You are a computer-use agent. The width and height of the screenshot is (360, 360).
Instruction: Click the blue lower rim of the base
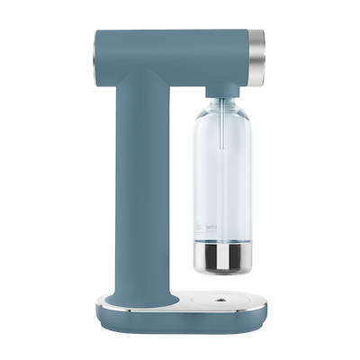(180, 318)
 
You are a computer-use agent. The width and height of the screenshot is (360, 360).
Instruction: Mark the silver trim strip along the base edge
(180, 309)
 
